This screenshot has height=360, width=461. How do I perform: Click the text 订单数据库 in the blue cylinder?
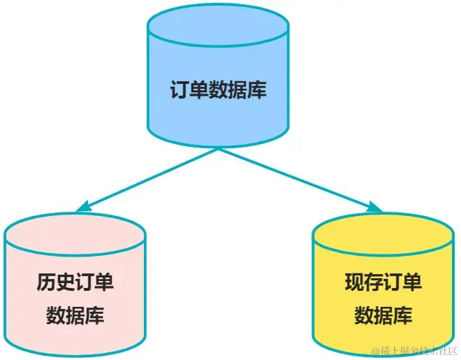click(218, 90)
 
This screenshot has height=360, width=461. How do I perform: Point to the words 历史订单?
click(75, 282)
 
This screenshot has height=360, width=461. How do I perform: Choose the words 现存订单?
click(383, 282)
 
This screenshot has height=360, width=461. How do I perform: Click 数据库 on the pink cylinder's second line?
click(75, 315)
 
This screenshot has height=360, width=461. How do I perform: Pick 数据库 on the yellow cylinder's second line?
click(383, 315)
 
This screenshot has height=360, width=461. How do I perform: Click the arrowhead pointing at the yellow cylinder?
click(375, 207)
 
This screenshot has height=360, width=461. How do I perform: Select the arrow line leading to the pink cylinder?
click(150, 178)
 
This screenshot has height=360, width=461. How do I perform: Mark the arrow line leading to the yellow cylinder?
click(297, 178)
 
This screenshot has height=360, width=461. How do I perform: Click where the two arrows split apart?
click(219, 149)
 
